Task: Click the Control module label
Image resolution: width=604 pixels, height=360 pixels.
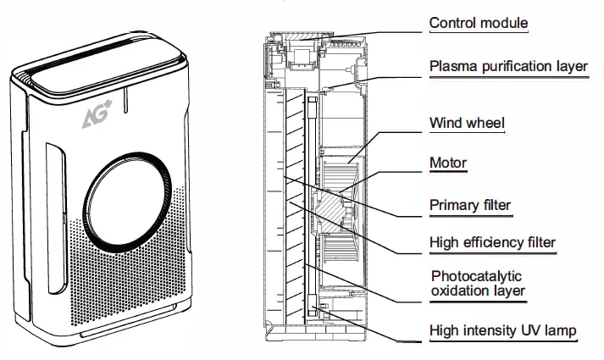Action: click(478, 22)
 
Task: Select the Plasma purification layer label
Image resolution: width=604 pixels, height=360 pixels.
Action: click(508, 66)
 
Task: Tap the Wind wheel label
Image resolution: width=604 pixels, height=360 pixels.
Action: click(467, 124)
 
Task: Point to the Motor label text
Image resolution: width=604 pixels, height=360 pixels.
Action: click(448, 163)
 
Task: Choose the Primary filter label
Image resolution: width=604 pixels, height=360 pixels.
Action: click(470, 204)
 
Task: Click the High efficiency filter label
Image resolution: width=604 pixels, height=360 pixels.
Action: click(492, 243)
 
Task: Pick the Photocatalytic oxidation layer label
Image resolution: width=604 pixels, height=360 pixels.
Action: click(478, 284)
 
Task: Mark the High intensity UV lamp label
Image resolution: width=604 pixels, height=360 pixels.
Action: click(503, 330)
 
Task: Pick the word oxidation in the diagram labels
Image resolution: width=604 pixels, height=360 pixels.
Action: click(461, 291)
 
